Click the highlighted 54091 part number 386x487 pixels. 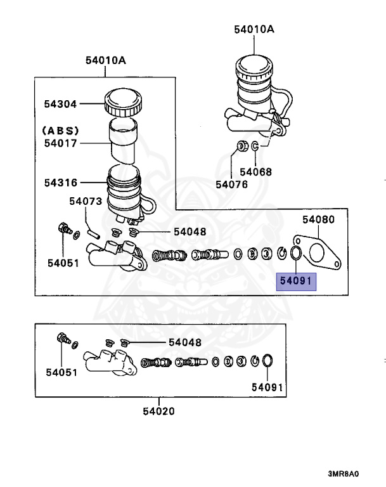tap(295, 280)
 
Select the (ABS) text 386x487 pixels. tap(61, 130)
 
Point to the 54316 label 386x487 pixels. tap(60, 183)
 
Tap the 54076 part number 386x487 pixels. tap(232, 185)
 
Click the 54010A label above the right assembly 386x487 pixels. tap(255, 28)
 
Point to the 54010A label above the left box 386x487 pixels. tap(106, 61)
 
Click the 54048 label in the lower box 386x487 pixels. tap(185, 342)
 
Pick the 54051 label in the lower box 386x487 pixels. tap(61, 372)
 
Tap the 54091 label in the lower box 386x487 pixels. tap(267, 387)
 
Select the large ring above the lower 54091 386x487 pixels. tap(267, 361)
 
